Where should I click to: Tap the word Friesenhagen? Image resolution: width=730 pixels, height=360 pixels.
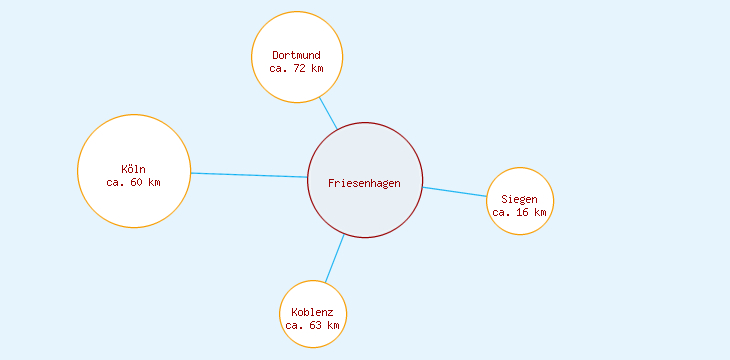click(x=365, y=182)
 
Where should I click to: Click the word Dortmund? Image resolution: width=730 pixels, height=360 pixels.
click(x=297, y=55)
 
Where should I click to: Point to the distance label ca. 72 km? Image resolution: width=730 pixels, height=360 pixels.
click(x=297, y=68)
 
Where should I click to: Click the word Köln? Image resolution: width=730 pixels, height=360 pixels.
click(x=133, y=169)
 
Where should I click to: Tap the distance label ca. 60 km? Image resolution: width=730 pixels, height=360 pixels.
click(x=133, y=182)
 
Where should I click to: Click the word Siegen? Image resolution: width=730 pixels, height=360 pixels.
click(x=520, y=199)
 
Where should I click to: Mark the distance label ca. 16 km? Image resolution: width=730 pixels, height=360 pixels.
click(x=520, y=212)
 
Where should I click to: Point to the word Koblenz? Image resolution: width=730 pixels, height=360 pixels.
click(x=313, y=312)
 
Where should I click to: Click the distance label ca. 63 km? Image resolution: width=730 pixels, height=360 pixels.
click(x=313, y=325)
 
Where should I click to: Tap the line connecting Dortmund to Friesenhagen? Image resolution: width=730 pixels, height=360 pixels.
click(x=328, y=112)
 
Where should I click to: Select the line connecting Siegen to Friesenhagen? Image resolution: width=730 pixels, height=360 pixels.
click(x=455, y=192)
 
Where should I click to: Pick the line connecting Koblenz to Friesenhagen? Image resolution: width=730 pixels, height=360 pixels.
click(x=335, y=258)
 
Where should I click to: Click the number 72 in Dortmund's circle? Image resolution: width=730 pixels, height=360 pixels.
click(x=303, y=68)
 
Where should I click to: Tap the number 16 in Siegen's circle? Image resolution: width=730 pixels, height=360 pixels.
click(x=523, y=212)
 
